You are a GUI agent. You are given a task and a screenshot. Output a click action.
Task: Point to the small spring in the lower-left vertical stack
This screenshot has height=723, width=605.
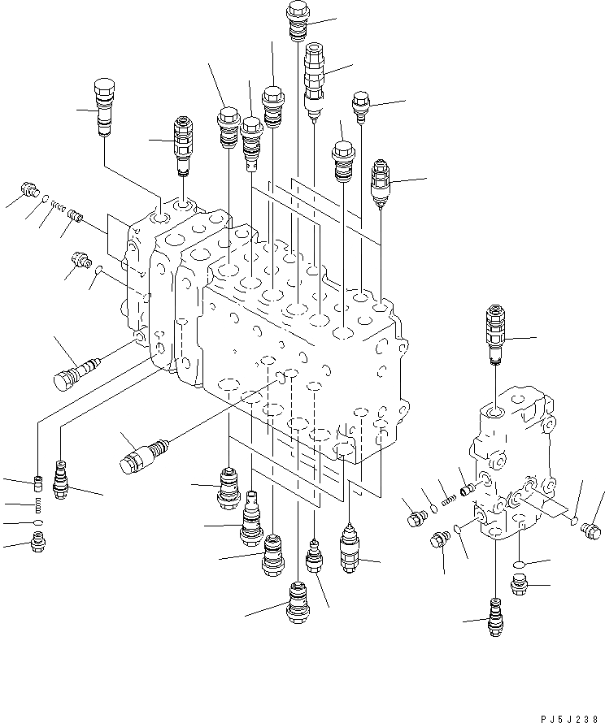click(37, 507)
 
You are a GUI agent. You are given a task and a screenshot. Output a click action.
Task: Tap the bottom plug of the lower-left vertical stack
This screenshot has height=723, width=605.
click(37, 539)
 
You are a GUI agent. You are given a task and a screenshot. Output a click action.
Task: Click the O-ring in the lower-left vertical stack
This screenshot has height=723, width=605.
click(37, 522)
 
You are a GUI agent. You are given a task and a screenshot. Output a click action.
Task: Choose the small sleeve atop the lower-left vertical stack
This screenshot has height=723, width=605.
click(37, 487)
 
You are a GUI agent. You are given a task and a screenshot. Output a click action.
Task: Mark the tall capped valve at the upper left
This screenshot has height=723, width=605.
click(103, 105)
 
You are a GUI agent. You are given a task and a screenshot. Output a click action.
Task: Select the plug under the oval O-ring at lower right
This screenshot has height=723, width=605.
click(518, 583)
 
